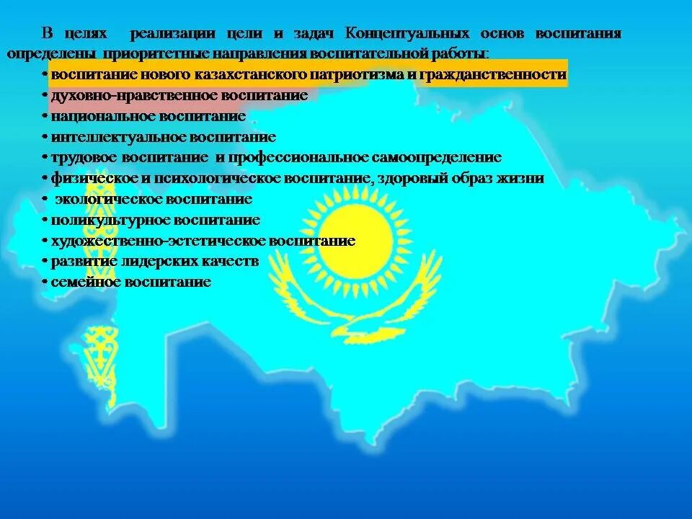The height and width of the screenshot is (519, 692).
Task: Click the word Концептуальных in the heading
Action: [407, 35]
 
